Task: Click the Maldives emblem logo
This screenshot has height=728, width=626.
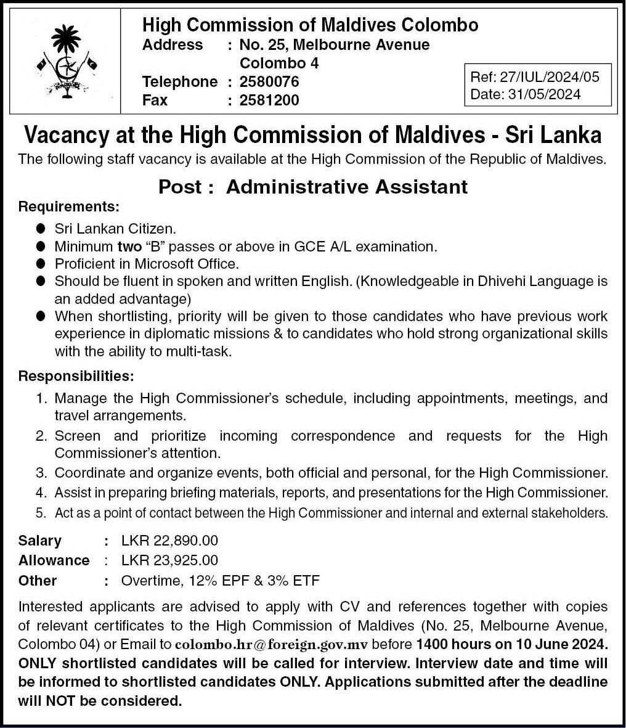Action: coord(67,60)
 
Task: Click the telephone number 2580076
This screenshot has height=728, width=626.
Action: coord(269,81)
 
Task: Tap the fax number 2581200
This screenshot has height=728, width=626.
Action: coord(269,100)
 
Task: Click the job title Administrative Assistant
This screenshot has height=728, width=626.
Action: coord(347,187)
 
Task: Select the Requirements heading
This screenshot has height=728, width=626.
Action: coord(69,205)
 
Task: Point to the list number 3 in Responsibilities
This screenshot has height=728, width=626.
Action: coord(40,473)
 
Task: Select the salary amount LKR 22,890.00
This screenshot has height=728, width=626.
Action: coord(169,541)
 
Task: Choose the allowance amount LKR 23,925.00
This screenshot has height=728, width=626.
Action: coord(169,560)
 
